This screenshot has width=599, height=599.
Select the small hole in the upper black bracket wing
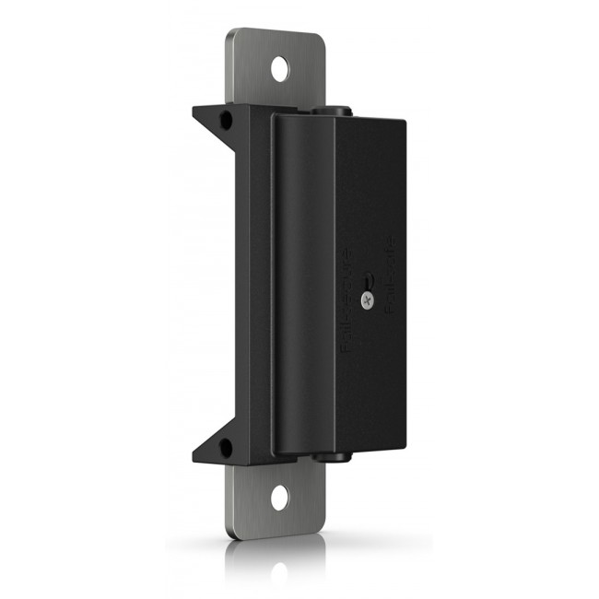coord(225,119)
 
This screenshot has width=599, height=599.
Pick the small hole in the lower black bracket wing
coord(225,448)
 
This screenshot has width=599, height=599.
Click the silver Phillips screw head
coord(369,298)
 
